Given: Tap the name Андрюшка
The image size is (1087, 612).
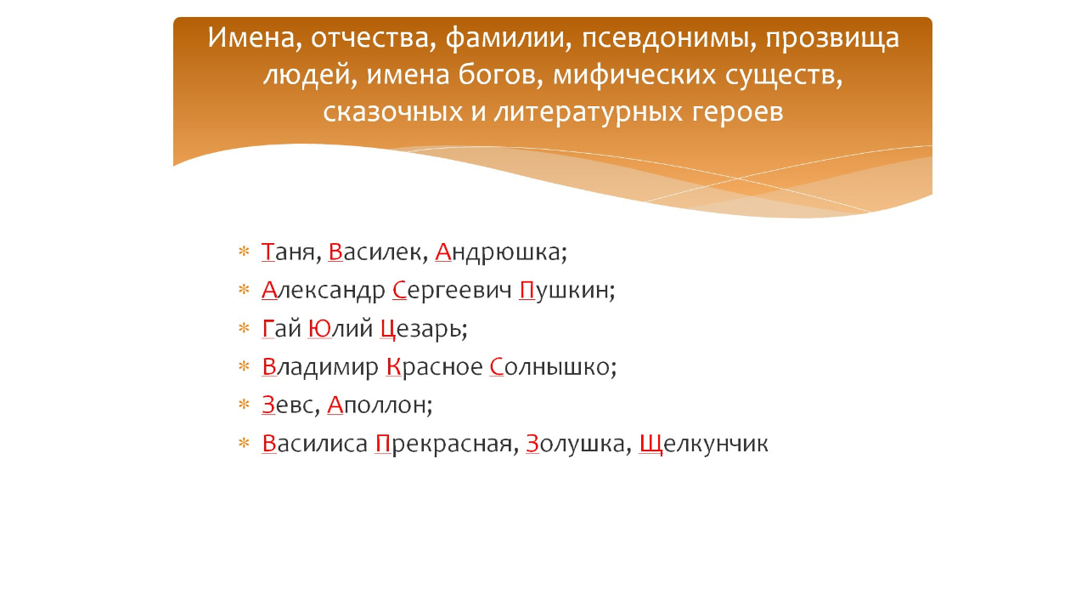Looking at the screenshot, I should (x=499, y=252).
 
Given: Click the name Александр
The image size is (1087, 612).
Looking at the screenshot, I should (x=324, y=291).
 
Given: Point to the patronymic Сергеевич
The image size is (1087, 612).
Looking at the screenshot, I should (x=453, y=292).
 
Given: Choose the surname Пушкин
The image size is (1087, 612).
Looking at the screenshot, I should (x=566, y=291).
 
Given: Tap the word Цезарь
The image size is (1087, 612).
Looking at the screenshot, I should (x=423, y=329).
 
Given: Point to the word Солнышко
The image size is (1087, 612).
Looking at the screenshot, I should (x=552, y=367).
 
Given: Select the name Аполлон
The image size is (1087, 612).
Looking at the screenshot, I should (x=379, y=405).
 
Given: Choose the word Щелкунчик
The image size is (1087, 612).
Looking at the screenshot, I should (x=703, y=444).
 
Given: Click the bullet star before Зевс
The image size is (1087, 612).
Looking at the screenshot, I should (x=244, y=405).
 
